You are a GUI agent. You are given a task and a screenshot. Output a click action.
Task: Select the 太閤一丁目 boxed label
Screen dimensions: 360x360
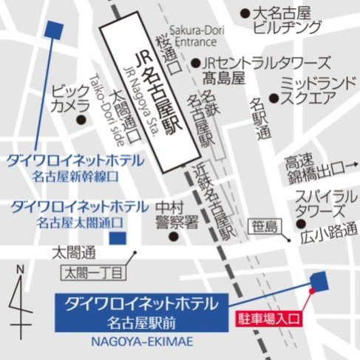click(x=94, y=273)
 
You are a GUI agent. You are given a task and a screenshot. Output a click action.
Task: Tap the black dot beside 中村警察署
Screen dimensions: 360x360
click(x=173, y=237)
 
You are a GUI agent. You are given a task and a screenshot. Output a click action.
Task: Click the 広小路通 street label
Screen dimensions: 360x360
click(x=330, y=233)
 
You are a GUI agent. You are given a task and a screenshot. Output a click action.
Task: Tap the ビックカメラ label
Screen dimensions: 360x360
click(x=71, y=99)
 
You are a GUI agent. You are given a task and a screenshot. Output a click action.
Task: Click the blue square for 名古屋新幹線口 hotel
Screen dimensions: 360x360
click(x=53, y=30)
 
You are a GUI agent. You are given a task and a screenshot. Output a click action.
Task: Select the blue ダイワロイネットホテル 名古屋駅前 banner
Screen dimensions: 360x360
click(x=140, y=311)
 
